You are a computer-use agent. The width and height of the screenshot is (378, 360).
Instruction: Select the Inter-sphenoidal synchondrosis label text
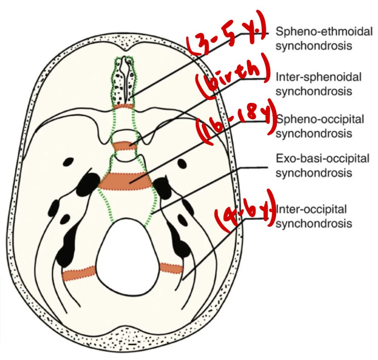point(318,83)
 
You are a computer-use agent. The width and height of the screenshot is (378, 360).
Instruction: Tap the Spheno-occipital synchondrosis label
point(320,126)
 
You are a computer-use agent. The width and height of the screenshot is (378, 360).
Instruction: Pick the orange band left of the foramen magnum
point(79,274)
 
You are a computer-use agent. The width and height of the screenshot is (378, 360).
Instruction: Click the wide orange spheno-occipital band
point(126,181)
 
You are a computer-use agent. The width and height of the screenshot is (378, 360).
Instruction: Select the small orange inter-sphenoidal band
point(124,146)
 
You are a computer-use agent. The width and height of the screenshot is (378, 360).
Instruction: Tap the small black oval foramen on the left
point(69,161)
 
